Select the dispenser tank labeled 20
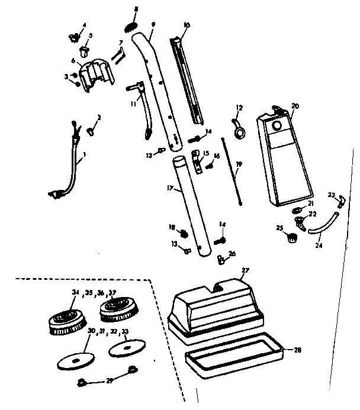282,160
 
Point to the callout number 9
153,25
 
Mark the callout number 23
330,195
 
